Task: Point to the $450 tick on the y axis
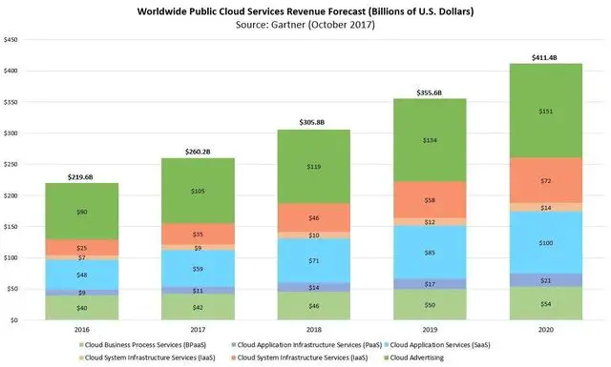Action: tap(12, 42)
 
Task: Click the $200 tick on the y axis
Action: tap(12, 196)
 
